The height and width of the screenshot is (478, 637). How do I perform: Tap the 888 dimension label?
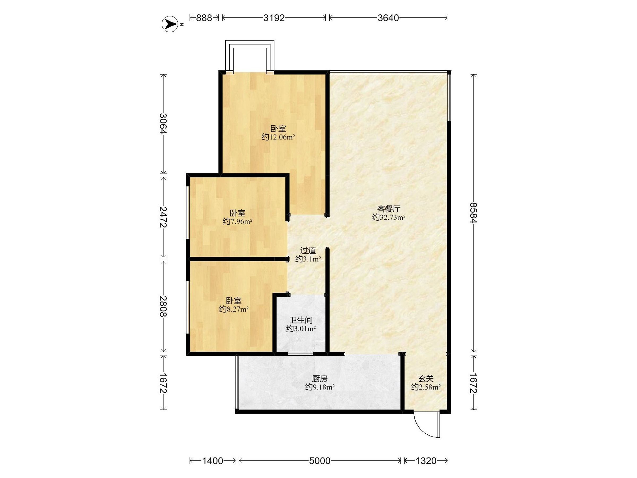204,18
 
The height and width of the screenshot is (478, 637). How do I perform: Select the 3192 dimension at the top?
274,18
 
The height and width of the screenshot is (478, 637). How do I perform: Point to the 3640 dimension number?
388,18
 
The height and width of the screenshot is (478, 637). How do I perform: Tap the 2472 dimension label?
163,217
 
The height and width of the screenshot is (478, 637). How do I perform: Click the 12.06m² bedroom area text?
278,137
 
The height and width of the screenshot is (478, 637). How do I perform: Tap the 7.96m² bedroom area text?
238,221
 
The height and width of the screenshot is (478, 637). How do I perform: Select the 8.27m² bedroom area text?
234,309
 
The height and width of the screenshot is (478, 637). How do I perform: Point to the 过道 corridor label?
308,250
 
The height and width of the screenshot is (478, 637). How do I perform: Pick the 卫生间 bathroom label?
301,320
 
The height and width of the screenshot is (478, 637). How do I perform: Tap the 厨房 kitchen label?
320,378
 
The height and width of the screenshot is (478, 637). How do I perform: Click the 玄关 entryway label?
426,378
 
